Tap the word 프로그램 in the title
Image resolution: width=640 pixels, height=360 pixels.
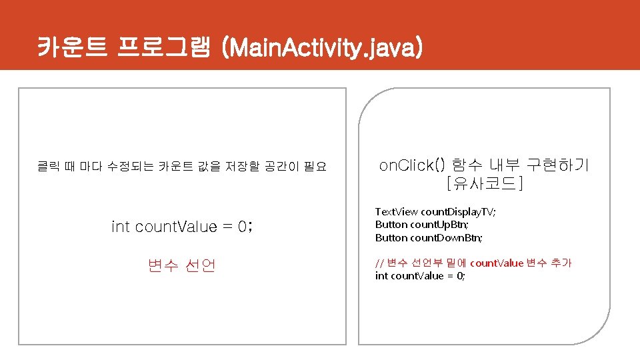(163, 47)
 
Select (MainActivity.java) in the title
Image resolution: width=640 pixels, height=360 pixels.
(323, 47)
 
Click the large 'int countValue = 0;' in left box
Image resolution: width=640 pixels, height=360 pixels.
(182, 227)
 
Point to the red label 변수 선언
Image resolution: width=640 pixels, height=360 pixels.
(182, 265)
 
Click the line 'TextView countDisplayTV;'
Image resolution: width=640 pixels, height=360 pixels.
(435, 211)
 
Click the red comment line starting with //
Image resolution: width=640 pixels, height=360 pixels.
(473, 263)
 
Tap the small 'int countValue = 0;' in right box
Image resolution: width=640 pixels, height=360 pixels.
(420, 276)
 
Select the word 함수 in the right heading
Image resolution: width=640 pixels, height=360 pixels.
(468, 165)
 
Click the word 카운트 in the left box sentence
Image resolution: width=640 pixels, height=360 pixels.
(176, 166)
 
